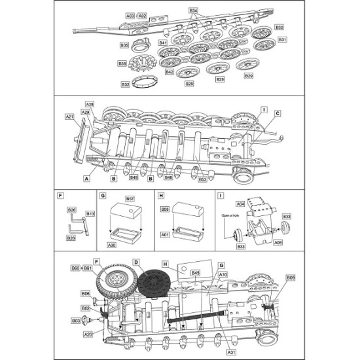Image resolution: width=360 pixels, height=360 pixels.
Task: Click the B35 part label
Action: point(124,45)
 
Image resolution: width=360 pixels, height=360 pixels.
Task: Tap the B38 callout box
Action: point(122,63)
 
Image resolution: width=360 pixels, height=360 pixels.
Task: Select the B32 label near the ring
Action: point(125,84)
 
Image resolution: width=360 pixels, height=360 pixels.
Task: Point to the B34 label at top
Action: point(193,11)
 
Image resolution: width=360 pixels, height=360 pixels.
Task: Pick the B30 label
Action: point(279,27)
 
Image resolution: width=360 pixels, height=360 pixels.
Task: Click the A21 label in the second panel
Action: point(69,117)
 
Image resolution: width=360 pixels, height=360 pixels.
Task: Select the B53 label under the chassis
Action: point(202,179)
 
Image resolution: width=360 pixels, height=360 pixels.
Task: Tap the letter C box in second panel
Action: point(277,113)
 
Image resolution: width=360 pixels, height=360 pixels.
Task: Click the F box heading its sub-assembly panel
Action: point(60,195)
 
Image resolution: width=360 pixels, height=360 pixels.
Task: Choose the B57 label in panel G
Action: point(130,198)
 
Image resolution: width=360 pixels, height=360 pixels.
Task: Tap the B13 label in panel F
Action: point(90,213)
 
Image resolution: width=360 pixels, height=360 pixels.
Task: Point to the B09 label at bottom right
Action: point(291,278)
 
